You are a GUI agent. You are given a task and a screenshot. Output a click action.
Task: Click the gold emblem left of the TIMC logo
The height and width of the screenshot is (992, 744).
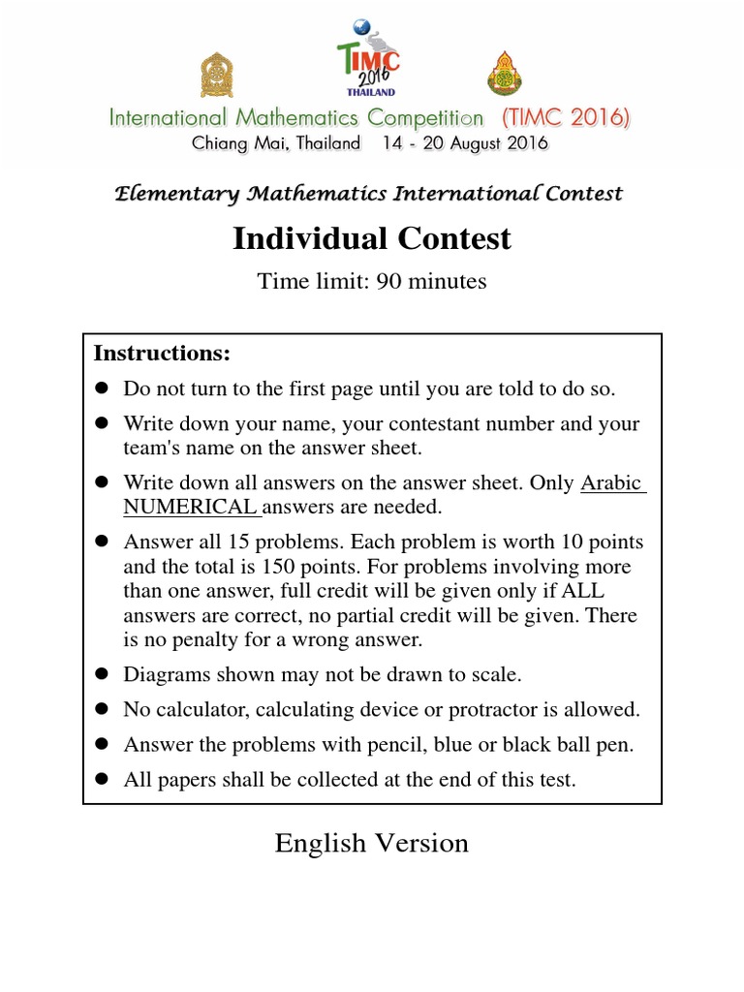(x=216, y=74)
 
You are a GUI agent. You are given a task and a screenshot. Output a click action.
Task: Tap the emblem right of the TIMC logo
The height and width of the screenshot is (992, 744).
(x=504, y=74)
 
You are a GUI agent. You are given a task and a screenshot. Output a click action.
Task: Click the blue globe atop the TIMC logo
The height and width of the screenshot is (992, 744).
(x=363, y=26)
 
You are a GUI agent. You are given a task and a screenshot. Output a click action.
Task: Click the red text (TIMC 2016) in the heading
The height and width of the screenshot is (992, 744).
(x=566, y=118)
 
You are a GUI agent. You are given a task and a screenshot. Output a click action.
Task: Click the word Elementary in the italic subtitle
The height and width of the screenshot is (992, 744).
(x=177, y=194)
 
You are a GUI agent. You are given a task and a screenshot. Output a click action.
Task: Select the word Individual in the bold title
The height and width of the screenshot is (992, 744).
(x=309, y=238)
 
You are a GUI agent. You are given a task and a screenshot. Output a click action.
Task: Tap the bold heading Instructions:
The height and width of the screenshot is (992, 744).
(x=162, y=353)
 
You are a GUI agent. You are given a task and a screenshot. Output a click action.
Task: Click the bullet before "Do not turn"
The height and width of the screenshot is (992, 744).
(x=101, y=389)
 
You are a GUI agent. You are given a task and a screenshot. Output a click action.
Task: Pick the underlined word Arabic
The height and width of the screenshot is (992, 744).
(x=612, y=482)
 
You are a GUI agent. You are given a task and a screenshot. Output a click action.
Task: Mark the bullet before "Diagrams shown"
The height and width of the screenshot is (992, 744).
(x=101, y=674)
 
